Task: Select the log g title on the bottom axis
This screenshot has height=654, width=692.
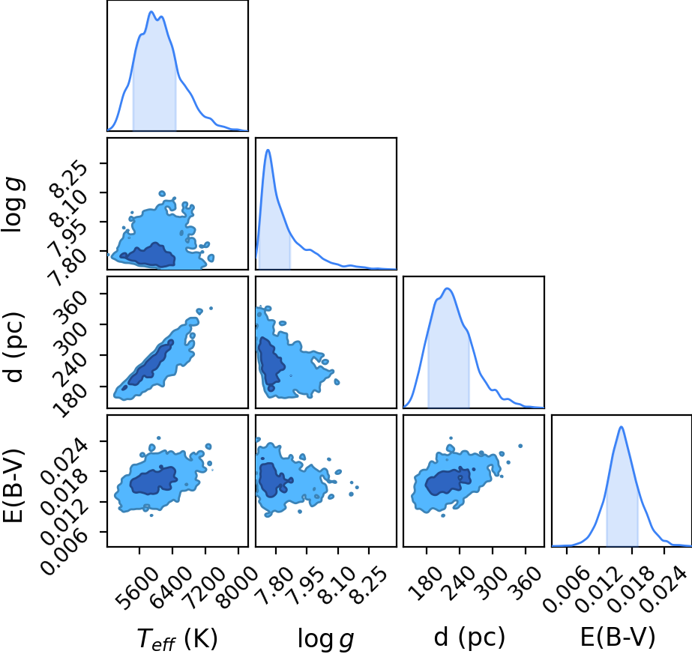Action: (325, 638)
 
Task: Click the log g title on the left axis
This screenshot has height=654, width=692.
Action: (13, 205)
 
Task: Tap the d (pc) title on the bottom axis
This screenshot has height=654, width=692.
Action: (469, 637)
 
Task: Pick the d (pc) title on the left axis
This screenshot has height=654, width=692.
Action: (13, 348)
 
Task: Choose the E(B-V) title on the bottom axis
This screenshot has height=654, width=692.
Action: (618, 637)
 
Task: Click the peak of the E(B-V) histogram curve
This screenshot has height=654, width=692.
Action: (622, 426)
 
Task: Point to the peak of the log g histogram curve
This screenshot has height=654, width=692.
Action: (268, 150)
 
